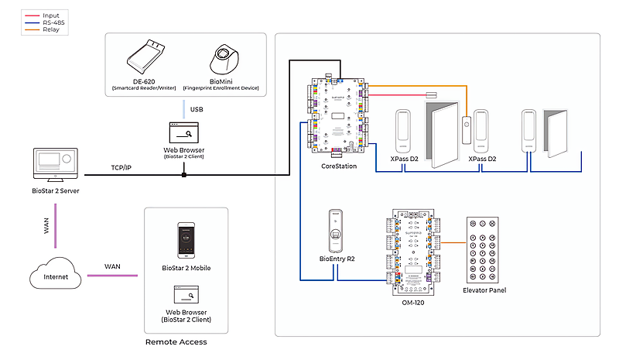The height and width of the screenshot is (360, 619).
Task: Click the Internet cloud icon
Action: tap(54, 276)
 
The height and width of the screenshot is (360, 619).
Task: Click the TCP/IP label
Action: tap(121, 167)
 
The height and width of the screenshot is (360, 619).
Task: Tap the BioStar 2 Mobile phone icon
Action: tap(186, 241)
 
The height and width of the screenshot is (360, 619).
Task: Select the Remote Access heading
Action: tap(176, 341)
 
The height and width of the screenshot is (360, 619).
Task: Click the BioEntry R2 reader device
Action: tap(335, 231)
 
